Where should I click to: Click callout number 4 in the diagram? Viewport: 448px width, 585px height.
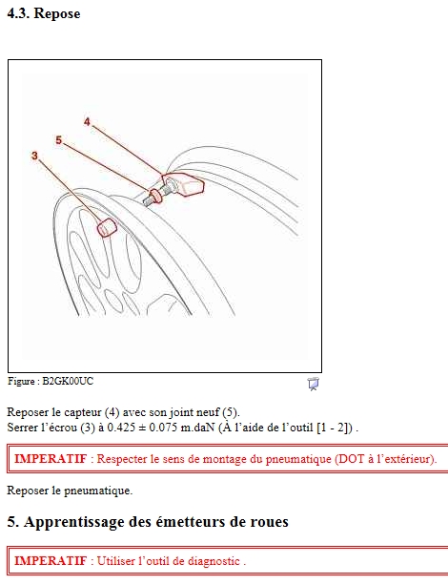click(x=87, y=121)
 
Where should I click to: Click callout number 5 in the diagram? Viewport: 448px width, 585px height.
click(x=58, y=140)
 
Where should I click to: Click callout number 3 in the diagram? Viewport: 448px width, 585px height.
click(x=34, y=156)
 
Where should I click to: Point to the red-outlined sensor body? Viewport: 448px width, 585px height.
click(x=184, y=184)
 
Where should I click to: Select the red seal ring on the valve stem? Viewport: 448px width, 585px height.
click(x=155, y=197)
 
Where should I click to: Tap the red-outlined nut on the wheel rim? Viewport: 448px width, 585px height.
click(x=107, y=227)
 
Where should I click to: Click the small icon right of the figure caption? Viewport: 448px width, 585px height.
click(x=313, y=384)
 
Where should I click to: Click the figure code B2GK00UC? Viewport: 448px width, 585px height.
click(x=68, y=382)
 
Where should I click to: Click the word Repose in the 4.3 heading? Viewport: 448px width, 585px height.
click(x=57, y=13)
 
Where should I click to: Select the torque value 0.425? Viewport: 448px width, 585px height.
click(x=121, y=428)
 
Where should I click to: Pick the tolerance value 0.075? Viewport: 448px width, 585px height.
click(x=163, y=428)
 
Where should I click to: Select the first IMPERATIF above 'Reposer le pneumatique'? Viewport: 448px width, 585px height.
click(x=51, y=458)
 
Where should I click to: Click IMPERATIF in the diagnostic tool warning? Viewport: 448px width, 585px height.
click(x=51, y=561)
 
